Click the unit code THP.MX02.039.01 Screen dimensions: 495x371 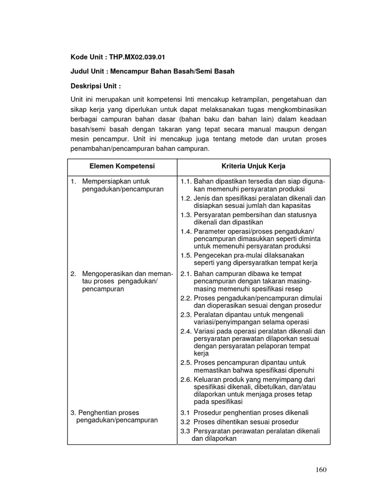pos(137,57)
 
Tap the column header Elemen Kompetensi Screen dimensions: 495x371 pos(122,166)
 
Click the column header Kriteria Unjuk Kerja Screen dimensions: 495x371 pos(253,166)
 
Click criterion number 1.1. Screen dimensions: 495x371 pos(186,181)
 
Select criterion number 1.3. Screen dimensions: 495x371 pos(186,214)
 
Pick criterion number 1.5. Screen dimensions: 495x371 pos(186,255)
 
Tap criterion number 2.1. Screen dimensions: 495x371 pos(186,273)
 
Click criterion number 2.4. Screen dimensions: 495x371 pos(186,331)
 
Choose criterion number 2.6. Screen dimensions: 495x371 pos(186,379)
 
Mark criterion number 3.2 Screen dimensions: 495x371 pos(185,422)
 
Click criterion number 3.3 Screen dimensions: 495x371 pos(185,431)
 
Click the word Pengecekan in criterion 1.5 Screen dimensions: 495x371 pos(213,255)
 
